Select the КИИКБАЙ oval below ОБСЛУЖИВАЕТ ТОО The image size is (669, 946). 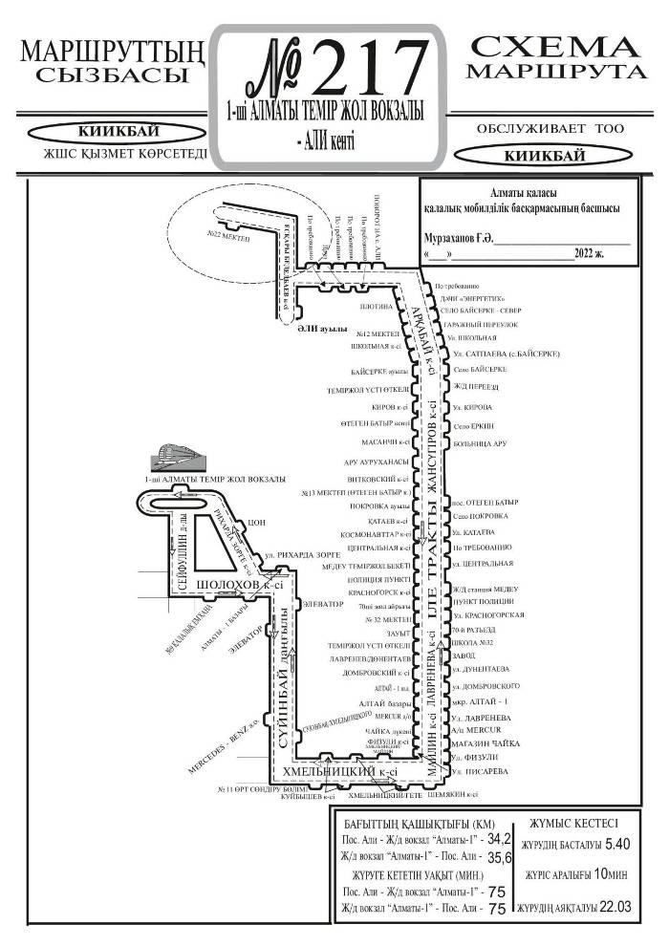coord(532,154)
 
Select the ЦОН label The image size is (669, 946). coord(255,523)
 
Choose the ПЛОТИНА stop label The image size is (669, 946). coord(376,308)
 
